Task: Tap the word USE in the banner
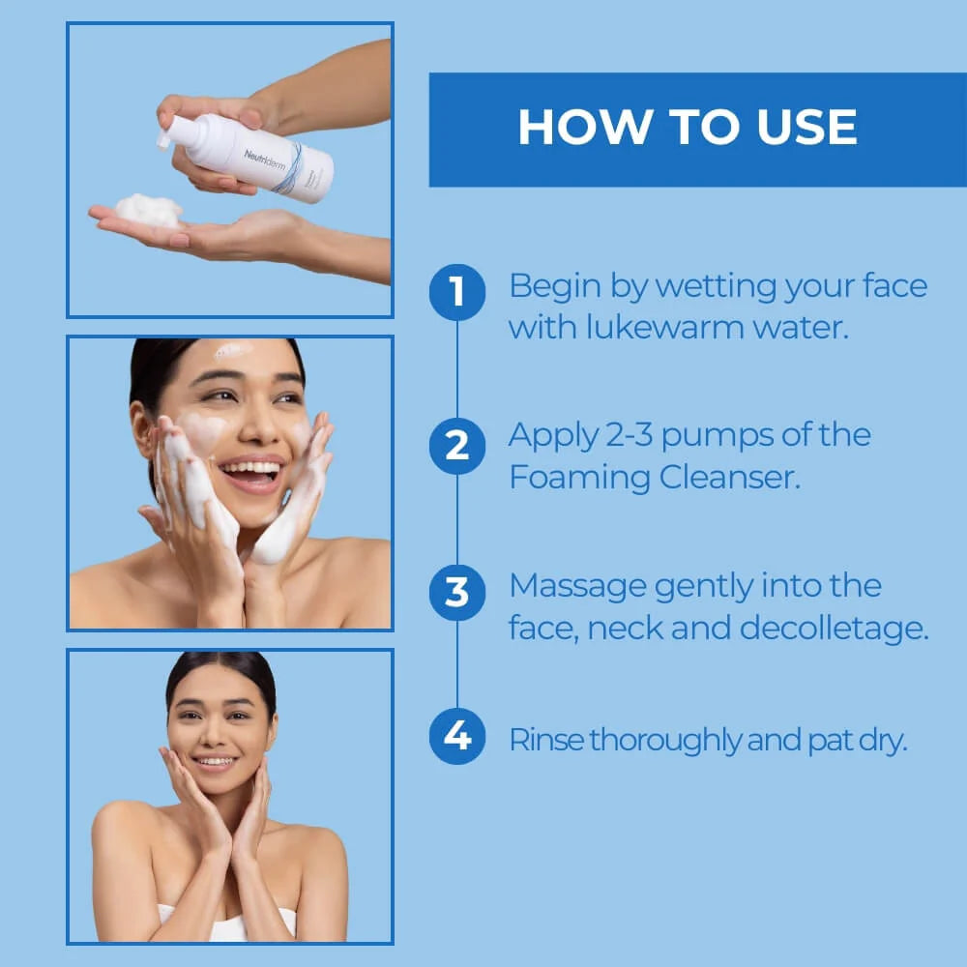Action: click(x=806, y=127)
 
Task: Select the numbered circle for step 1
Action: click(x=457, y=292)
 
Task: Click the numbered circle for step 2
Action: click(x=457, y=446)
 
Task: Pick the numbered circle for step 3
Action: click(x=457, y=592)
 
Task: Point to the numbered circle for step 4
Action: click(x=457, y=736)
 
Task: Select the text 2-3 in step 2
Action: click(x=630, y=434)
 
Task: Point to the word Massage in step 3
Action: click(x=578, y=587)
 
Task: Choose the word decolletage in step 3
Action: click(x=834, y=628)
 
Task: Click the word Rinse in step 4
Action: click(x=545, y=740)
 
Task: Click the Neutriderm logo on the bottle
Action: click(x=265, y=160)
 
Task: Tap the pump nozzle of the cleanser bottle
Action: click(x=164, y=139)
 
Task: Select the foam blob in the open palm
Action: click(x=149, y=210)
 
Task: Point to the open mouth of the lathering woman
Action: click(x=251, y=474)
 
